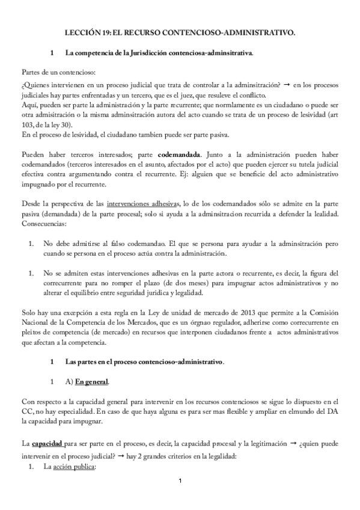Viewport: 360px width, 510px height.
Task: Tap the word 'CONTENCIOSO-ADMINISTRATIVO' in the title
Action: coord(236,35)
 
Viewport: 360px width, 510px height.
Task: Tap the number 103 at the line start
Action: coord(28,124)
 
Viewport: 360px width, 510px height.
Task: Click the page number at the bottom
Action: coord(180,482)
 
